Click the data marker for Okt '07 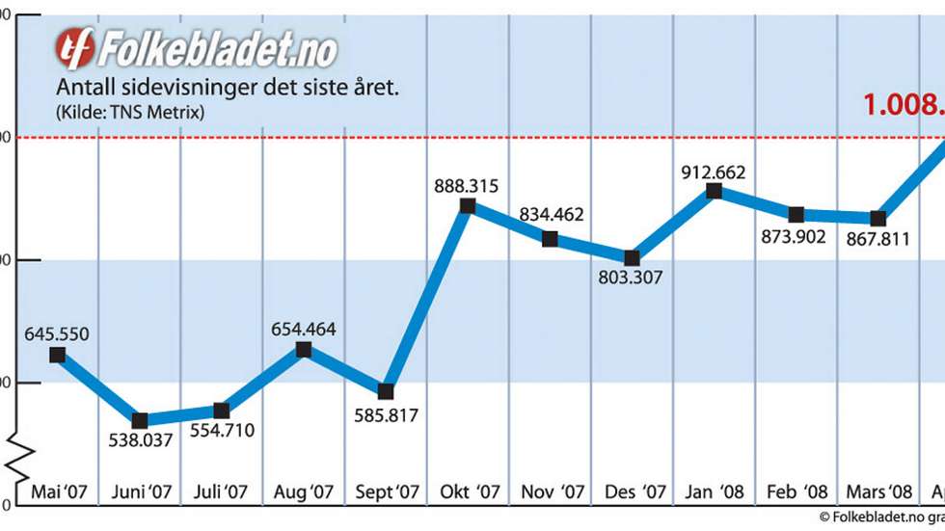pos(468,205)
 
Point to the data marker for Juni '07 pos(140,420)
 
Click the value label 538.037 pos(140,441)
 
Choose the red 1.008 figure pos(903,104)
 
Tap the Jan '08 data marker pos(714,191)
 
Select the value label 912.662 pos(714,173)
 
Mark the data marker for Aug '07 pos(304,350)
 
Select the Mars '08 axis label pos(877,491)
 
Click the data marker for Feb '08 pos(796,214)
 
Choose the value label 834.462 pos(551,215)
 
